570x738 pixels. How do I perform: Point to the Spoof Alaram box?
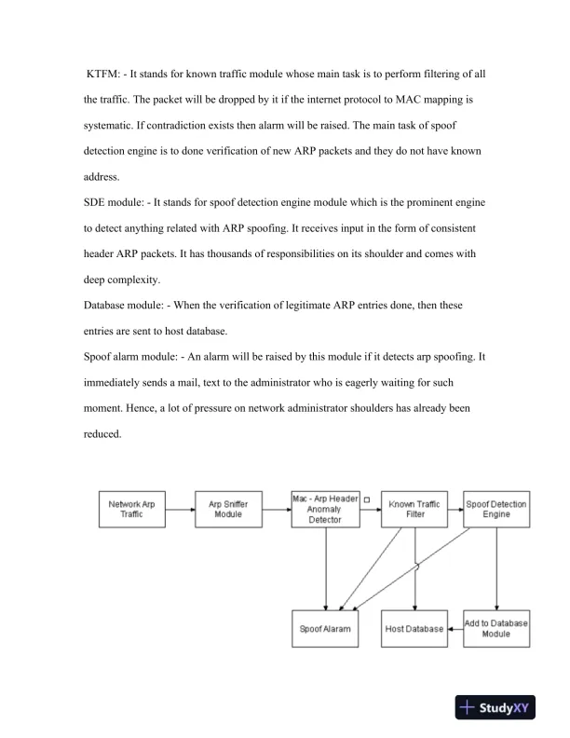pyautogui.click(x=324, y=629)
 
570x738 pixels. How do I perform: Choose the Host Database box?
pyautogui.click(x=414, y=629)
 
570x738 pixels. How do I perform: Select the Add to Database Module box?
pyautogui.click(x=495, y=629)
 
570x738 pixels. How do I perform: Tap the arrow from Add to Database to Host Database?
pyautogui.click(x=454, y=629)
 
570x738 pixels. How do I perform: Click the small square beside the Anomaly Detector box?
pyautogui.click(x=366, y=500)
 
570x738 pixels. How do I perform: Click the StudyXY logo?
pyautogui.click(x=500, y=707)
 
